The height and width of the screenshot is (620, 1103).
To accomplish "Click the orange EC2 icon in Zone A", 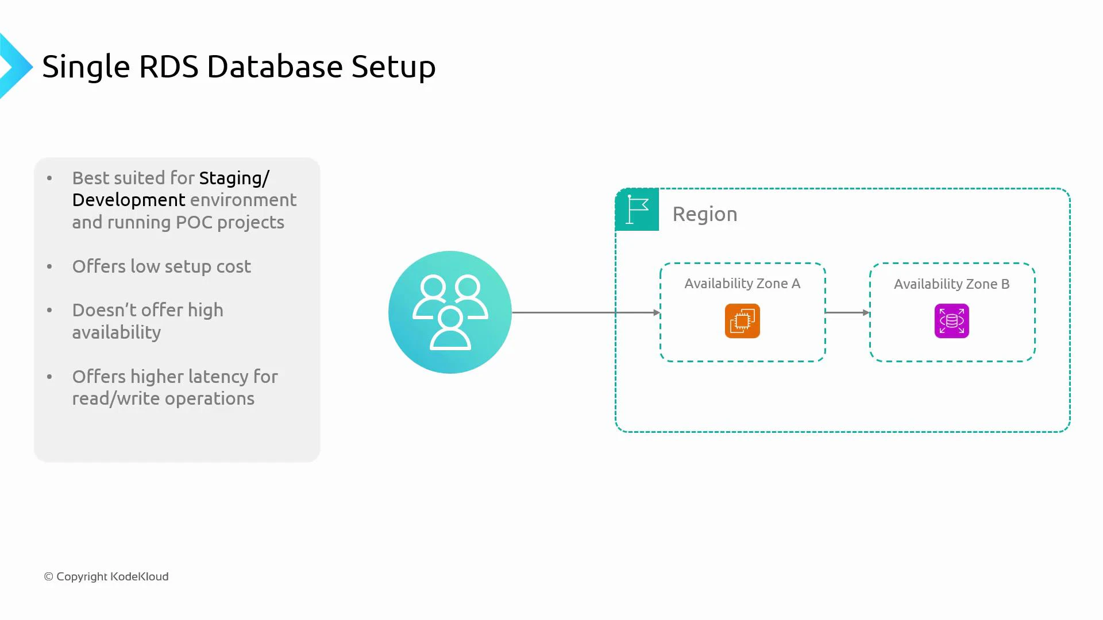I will point(742,321).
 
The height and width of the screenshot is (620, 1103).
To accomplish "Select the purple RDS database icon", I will point(951,321).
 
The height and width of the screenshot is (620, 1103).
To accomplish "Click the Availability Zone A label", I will point(742,284).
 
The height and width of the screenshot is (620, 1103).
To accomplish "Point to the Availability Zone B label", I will point(951,284).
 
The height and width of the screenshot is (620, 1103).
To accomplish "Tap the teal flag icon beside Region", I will point(637,210).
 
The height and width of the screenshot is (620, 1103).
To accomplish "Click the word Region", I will point(705,214).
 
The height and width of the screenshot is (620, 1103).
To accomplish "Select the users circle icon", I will point(450,312).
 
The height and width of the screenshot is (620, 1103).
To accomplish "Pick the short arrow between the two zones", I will point(847,312).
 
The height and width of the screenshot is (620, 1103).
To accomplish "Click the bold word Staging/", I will point(234,179).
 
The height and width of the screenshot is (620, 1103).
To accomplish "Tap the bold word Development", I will point(129,200).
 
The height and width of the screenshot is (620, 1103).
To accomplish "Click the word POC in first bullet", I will point(194,222).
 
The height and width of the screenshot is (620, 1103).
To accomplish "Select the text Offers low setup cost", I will point(161,266).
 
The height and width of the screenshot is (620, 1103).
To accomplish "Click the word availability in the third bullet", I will point(116,332).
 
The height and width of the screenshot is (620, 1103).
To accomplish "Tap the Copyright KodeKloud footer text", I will point(106,576).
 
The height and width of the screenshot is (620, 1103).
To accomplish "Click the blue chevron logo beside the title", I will point(15,67).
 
